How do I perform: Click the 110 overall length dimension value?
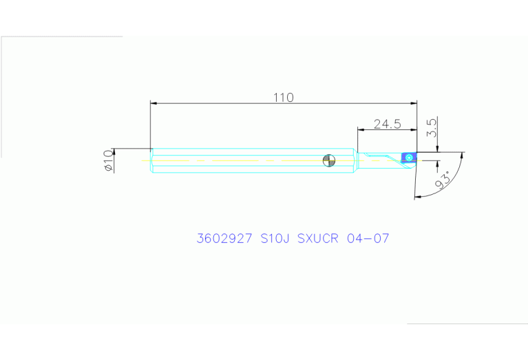pyautogui.click(x=283, y=98)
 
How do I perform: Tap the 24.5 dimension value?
pyautogui.click(x=387, y=124)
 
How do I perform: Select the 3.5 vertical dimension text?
pyautogui.click(x=432, y=127)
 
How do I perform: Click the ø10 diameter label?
pyautogui.click(x=107, y=160)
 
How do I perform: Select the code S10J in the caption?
pyautogui.click(x=275, y=239)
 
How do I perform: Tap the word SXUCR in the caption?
pyautogui.click(x=319, y=239)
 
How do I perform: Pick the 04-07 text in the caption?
pyautogui.click(x=368, y=239)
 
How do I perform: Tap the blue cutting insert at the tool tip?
pyautogui.click(x=409, y=158)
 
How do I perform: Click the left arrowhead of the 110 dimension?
pyautogui.click(x=154, y=103)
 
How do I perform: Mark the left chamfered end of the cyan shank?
pyautogui.click(x=152, y=160)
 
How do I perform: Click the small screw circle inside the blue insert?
pyautogui.click(x=410, y=158)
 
